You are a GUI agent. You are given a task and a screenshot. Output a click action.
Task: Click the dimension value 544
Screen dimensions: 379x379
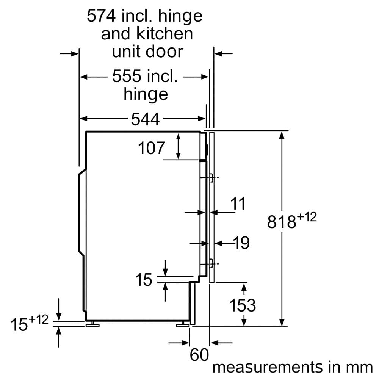coord(145,120)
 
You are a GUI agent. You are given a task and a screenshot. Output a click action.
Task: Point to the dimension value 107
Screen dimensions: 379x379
coord(151,148)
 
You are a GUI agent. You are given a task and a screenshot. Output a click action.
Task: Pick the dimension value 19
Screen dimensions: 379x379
coord(241,243)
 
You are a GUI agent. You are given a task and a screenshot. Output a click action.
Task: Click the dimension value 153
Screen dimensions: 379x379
coord(243,305)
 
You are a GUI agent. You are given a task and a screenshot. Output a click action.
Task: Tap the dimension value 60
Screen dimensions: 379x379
coord(199,356)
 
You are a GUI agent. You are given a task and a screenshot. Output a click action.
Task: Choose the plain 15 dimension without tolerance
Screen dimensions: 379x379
coord(144,280)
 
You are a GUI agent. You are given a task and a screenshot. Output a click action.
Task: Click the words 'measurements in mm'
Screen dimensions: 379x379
coord(292,367)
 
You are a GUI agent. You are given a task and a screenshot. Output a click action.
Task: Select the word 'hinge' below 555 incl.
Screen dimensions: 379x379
coord(146,94)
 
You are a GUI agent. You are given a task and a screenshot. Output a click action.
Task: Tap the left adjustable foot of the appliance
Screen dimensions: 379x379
coord(92,324)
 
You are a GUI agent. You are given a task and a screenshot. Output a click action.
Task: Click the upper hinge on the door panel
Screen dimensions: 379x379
coord(211,177)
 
